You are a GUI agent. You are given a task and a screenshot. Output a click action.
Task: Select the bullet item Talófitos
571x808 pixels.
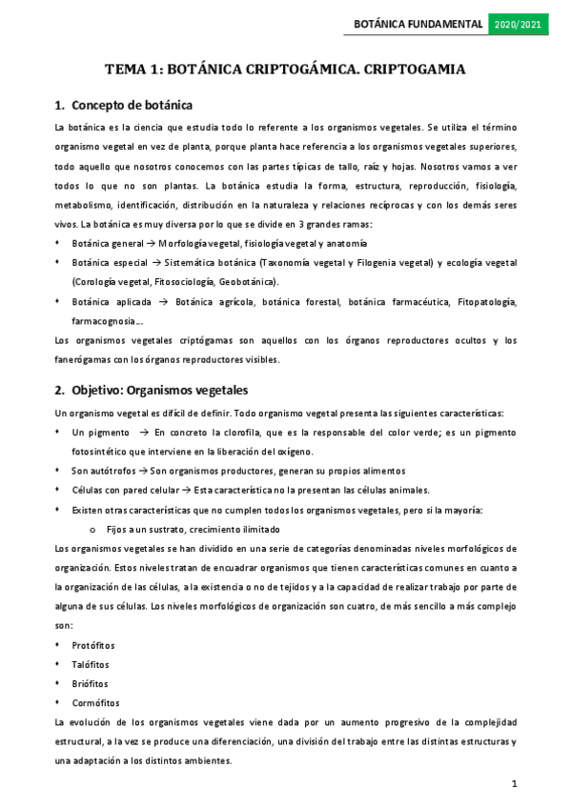(x=91, y=665)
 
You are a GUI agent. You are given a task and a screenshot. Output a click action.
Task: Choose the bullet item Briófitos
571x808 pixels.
(x=91, y=683)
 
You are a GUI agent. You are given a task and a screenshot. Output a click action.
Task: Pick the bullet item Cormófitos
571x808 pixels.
(x=94, y=702)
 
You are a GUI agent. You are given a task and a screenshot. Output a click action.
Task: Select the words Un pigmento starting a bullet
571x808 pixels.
(x=98, y=433)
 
